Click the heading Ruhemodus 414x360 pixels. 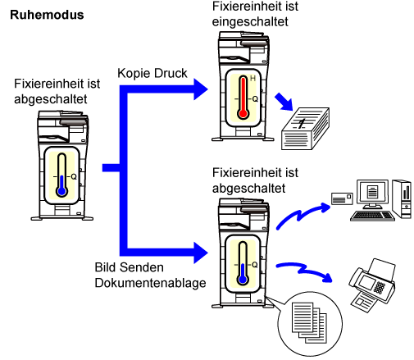(x=47, y=15)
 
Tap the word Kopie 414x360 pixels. (x=134, y=74)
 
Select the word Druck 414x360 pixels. (x=171, y=73)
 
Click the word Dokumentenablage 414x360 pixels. (x=150, y=283)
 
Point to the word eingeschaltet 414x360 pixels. (x=250, y=22)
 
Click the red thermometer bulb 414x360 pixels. (x=243, y=113)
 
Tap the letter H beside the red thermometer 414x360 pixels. (x=252, y=79)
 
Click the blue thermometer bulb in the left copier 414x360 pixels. (x=62, y=191)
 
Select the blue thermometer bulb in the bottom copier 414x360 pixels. (x=243, y=280)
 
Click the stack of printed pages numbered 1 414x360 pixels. (x=305, y=129)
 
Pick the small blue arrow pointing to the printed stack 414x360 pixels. (x=284, y=102)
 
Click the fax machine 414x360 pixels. (x=372, y=285)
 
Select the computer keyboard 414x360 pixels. (x=372, y=216)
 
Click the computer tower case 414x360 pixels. (x=402, y=198)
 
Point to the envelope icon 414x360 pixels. (x=342, y=198)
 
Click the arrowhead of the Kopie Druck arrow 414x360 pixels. (x=201, y=89)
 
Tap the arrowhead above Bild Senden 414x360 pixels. (x=201, y=253)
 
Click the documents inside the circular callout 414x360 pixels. (x=309, y=322)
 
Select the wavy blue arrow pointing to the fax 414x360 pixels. (x=303, y=271)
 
